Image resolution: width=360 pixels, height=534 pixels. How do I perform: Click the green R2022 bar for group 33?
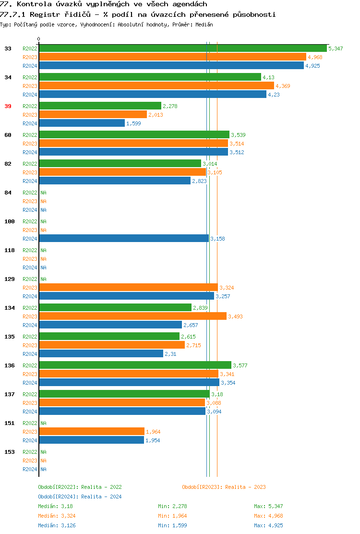182,49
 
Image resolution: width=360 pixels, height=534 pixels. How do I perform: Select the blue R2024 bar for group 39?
82,123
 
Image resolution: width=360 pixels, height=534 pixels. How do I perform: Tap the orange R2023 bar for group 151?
91,432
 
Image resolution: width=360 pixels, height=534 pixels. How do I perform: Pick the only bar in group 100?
123,239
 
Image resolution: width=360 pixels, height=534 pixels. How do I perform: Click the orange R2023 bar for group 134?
132,316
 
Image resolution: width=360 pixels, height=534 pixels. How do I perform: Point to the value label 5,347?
336,49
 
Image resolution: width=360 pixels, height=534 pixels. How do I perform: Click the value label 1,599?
133,123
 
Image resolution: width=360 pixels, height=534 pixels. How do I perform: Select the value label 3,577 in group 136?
240,365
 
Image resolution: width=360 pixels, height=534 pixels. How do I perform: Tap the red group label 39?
8,106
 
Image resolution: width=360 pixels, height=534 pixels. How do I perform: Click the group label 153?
9,452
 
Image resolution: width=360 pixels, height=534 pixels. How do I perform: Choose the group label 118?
9,250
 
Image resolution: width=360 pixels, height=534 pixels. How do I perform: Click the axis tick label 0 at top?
39,39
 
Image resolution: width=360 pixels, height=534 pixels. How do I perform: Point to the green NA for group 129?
43,279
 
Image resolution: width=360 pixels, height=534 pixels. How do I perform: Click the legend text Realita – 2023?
245,487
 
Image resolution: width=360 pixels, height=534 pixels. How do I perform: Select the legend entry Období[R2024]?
59,497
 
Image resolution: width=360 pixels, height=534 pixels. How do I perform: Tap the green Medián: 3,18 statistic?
55,506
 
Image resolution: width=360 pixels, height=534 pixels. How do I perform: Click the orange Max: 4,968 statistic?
268,516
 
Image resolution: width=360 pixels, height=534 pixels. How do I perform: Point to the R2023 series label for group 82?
30,172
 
